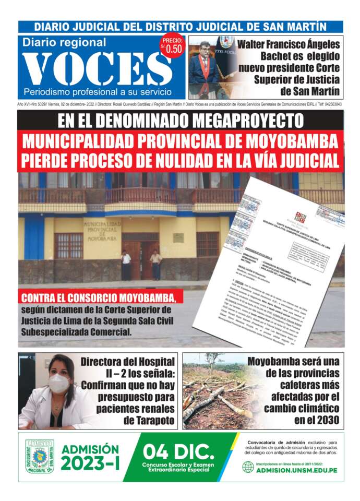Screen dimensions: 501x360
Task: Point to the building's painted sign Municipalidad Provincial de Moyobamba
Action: (102, 230)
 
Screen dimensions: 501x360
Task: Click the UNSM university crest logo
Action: (40, 457)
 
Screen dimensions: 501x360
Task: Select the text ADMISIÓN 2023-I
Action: (90, 457)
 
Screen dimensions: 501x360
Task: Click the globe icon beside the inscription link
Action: (248, 467)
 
